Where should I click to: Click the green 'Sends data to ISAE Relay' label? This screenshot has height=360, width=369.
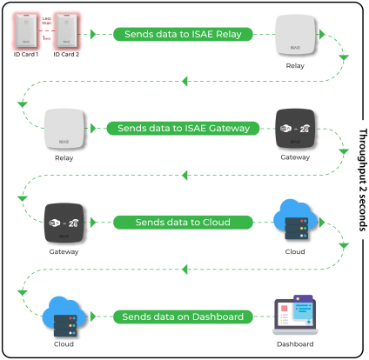[x=183, y=34]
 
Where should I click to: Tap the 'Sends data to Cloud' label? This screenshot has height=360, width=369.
[x=183, y=223]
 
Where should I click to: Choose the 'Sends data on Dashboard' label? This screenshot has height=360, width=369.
[x=183, y=317]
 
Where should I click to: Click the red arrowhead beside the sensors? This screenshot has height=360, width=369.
[x=91, y=35]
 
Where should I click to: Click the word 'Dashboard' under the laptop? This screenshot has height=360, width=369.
[x=294, y=344]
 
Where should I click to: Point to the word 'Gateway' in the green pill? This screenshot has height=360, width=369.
[x=228, y=128]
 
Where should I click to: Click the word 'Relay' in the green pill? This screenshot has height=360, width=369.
[x=235, y=34]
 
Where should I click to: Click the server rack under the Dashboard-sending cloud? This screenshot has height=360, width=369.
[x=63, y=326]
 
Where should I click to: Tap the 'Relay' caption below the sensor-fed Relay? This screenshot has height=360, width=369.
[x=294, y=64]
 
